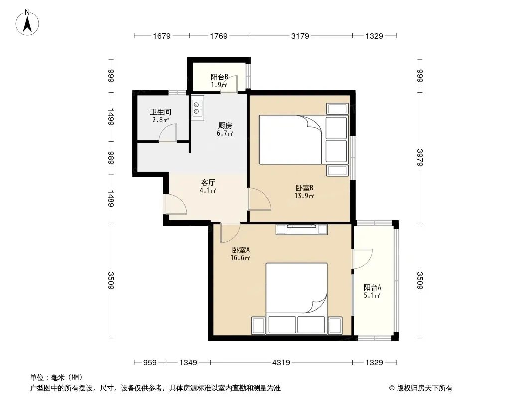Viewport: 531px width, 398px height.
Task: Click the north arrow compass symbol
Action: point(27,23)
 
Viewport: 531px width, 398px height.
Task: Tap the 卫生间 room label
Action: point(161,112)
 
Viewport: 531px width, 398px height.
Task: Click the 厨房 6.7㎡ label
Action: point(225,129)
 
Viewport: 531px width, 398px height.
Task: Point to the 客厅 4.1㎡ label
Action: point(208,186)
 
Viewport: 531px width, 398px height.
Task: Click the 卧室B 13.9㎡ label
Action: point(304,192)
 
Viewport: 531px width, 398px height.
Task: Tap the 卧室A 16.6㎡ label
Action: point(241,254)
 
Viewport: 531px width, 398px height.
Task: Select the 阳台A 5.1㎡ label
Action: point(372,291)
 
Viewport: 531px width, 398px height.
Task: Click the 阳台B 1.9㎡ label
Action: point(219,81)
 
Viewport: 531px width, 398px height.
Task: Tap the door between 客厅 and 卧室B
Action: point(260,199)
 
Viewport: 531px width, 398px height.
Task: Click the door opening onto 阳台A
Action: point(362,259)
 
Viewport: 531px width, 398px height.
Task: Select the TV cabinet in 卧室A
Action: point(302,229)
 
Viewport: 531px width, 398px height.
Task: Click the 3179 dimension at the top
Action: point(300,36)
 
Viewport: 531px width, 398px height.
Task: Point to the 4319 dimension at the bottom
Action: point(281,363)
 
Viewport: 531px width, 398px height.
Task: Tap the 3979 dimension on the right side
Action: point(420,158)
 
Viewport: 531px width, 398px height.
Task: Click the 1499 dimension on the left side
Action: point(111,117)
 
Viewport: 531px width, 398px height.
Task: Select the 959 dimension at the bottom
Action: point(150,363)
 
